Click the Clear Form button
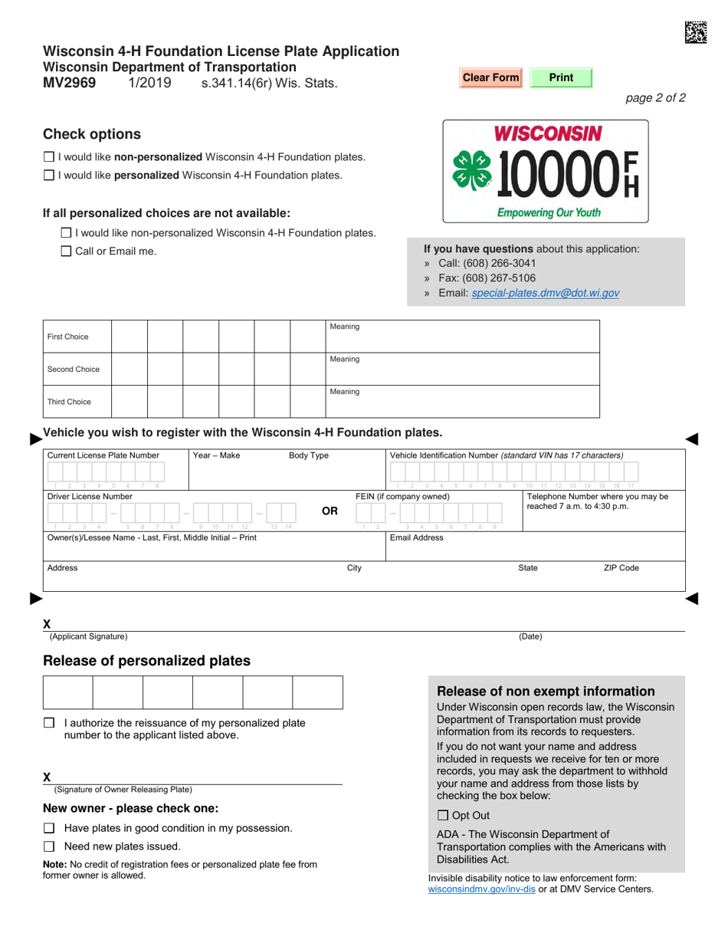[x=490, y=77]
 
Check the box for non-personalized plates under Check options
[x=49, y=157]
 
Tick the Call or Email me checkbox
[x=66, y=251]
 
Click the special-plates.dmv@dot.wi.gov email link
[x=546, y=293]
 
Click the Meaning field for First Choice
[x=462, y=337]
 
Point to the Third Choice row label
[x=69, y=402]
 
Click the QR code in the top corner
[x=696, y=31]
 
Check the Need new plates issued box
[x=50, y=847]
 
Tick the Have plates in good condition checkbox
[x=50, y=828]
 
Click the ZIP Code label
[x=621, y=568]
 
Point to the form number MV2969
[x=70, y=83]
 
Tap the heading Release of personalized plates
[x=146, y=661]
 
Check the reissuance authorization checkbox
[x=50, y=722]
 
